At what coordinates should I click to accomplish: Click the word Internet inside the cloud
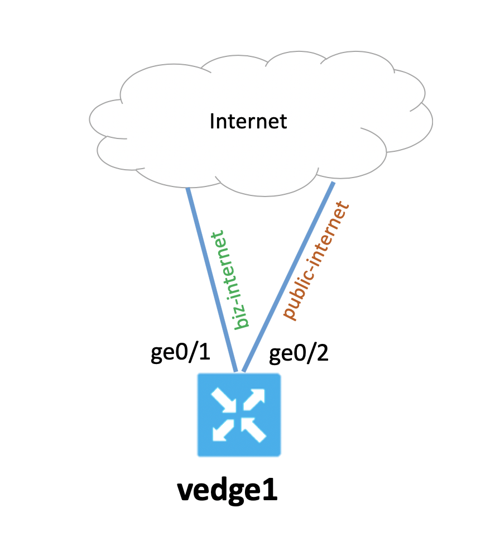pos(248,121)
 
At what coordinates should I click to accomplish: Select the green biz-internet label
pos(230,279)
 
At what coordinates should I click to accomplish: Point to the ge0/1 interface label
pos(180,353)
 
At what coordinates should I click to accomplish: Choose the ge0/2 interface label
pos(299,353)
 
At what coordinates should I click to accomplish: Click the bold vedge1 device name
pos(227,491)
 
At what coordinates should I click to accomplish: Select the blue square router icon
pos(239,415)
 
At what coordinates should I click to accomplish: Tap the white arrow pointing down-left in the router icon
pos(223,430)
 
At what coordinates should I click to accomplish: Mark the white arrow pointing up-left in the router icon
pos(254,430)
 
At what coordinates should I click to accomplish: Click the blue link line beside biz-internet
pos(211,279)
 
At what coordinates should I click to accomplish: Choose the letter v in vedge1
pos(185,492)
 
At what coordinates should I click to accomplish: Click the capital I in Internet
pos(213,121)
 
